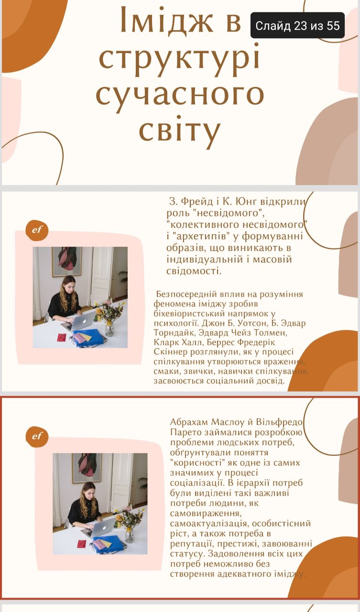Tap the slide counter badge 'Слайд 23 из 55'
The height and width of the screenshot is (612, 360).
click(x=297, y=25)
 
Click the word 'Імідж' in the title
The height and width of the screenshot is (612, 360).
click(x=167, y=22)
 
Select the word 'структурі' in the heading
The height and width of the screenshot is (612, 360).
click(x=179, y=59)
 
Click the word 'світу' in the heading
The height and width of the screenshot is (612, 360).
click(x=179, y=131)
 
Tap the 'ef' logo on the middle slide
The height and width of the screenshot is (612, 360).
click(x=37, y=230)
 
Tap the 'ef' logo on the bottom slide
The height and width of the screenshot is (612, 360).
click(x=37, y=437)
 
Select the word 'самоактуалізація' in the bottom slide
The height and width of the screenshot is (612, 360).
click(x=208, y=524)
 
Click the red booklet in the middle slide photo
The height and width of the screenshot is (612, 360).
click(x=62, y=338)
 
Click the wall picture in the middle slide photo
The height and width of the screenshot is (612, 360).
click(x=67, y=262)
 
